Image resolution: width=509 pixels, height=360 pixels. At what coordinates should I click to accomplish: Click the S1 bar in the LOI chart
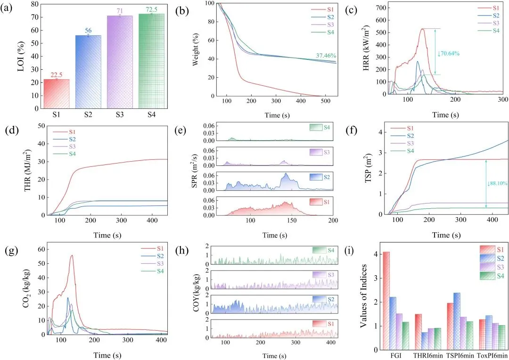56,93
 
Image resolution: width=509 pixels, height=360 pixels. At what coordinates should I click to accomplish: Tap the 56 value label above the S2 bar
88,31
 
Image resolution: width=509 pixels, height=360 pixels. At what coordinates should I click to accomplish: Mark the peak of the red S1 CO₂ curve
72,255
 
